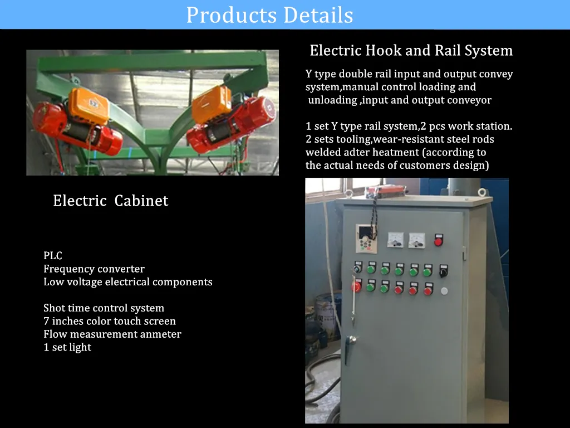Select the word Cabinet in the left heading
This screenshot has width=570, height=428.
tap(141, 201)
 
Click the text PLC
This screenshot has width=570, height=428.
tap(53, 256)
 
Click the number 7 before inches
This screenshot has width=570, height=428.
tap(46, 322)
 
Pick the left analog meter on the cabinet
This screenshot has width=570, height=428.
tap(395, 240)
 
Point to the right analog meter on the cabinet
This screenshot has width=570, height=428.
tap(416, 240)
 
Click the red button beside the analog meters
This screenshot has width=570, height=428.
tap(438, 241)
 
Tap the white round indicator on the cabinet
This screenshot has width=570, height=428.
tap(444, 290)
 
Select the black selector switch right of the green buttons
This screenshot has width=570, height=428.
tap(443, 271)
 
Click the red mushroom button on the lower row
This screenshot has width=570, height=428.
tap(356, 287)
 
